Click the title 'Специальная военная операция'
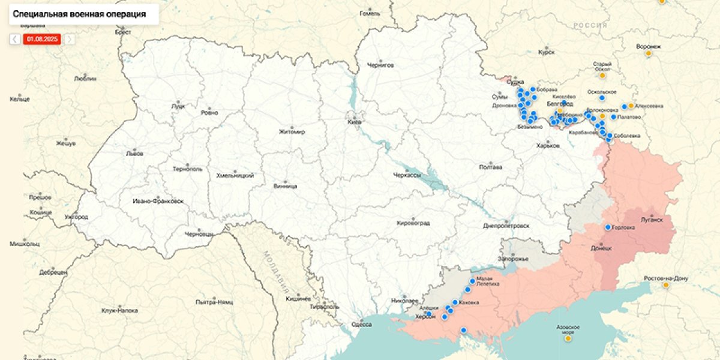click(x=79, y=14)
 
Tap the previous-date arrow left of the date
click(x=15, y=39)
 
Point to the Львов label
click(x=134, y=153)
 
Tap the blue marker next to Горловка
click(x=608, y=227)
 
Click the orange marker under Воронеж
click(x=648, y=54)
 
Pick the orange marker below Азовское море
click(x=568, y=338)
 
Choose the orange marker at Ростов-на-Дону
click(x=665, y=285)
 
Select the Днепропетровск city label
click(x=506, y=226)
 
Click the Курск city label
click(x=547, y=52)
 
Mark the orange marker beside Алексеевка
click(x=631, y=106)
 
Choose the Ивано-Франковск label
click(x=158, y=200)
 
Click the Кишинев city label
click(x=298, y=298)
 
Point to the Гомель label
click(x=370, y=13)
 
